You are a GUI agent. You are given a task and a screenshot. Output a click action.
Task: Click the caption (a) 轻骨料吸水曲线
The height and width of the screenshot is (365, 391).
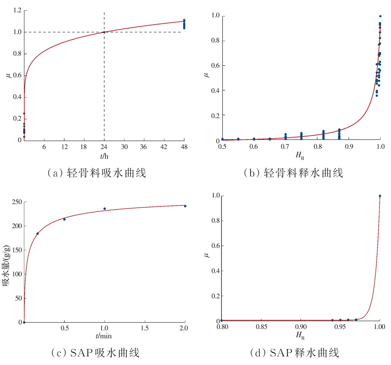click(x=97, y=173)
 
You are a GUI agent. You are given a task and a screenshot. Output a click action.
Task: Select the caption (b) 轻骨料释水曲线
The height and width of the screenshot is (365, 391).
click(x=293, y=173)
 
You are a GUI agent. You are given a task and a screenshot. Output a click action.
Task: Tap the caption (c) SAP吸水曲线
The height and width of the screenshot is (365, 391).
click(x=95, y=353)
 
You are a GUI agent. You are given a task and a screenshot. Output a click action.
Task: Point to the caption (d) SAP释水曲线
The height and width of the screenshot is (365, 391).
click(x=295, y=353)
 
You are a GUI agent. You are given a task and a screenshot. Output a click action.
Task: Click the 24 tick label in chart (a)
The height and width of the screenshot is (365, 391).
click(x=104, y=147)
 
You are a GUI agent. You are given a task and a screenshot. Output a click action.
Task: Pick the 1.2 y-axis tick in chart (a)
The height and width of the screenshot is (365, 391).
click(x=17, y=10)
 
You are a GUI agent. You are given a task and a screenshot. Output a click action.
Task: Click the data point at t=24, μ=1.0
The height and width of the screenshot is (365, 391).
click(x=104, y=32)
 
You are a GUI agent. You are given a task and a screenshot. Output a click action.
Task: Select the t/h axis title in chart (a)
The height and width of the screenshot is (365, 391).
click(x=104, y=156)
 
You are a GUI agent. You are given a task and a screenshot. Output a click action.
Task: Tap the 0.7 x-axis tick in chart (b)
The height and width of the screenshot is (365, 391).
click(x=285, y=146)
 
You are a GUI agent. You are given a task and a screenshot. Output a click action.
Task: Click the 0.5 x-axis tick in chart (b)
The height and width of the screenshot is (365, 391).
click(x=222, y=146)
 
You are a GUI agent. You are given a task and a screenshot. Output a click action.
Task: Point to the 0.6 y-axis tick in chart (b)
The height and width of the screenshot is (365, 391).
click(x=215, y=66)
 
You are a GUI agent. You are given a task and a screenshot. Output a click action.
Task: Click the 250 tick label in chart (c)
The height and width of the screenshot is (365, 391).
click(x=17, y=202)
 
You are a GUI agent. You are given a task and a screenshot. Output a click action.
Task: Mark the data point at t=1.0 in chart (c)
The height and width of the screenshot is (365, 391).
click(x=105, y=209)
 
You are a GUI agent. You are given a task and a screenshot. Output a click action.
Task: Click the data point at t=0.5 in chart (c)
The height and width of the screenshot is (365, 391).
click(x=64, y=219)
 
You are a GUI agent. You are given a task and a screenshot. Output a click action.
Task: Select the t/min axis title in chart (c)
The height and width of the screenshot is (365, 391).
click(x=104, y=336)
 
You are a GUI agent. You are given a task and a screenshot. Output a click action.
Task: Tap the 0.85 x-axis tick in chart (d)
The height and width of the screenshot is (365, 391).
click(x=261, y=327)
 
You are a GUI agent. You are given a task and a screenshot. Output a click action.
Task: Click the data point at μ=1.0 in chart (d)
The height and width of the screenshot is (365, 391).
click(x=380, y=196)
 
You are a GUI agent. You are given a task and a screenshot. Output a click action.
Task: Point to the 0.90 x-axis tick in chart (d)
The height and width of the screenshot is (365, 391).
click(x=301, y=327)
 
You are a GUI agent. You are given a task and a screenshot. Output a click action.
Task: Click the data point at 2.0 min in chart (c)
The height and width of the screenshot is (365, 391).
click(x=185, y=206)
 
